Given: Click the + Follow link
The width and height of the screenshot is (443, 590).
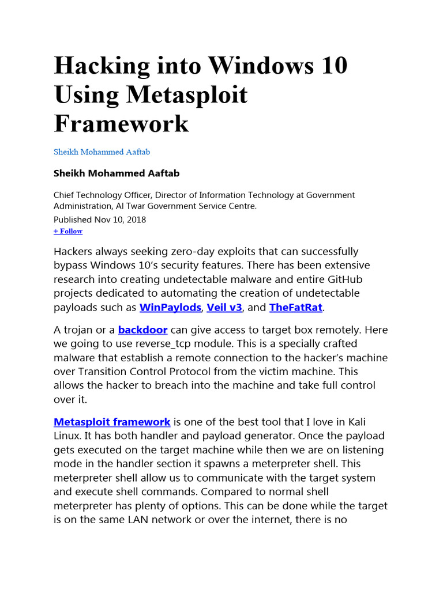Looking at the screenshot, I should coord(68,231).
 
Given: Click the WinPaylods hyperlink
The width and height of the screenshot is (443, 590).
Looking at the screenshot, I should coord(170,307).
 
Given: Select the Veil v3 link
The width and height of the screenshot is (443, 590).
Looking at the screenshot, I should coord(224,307).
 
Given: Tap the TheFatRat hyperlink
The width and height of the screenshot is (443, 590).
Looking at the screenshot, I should coord(296,307).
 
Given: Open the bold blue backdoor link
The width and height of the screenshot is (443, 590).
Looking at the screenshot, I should coord(142,330).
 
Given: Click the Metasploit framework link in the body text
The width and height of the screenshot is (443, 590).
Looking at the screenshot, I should coord(112,422).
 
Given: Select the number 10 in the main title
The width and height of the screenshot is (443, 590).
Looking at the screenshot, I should coord(332,65).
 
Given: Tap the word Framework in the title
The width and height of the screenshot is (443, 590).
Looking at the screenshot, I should coord(121,123).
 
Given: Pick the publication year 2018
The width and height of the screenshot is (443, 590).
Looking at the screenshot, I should coord(136,220).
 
